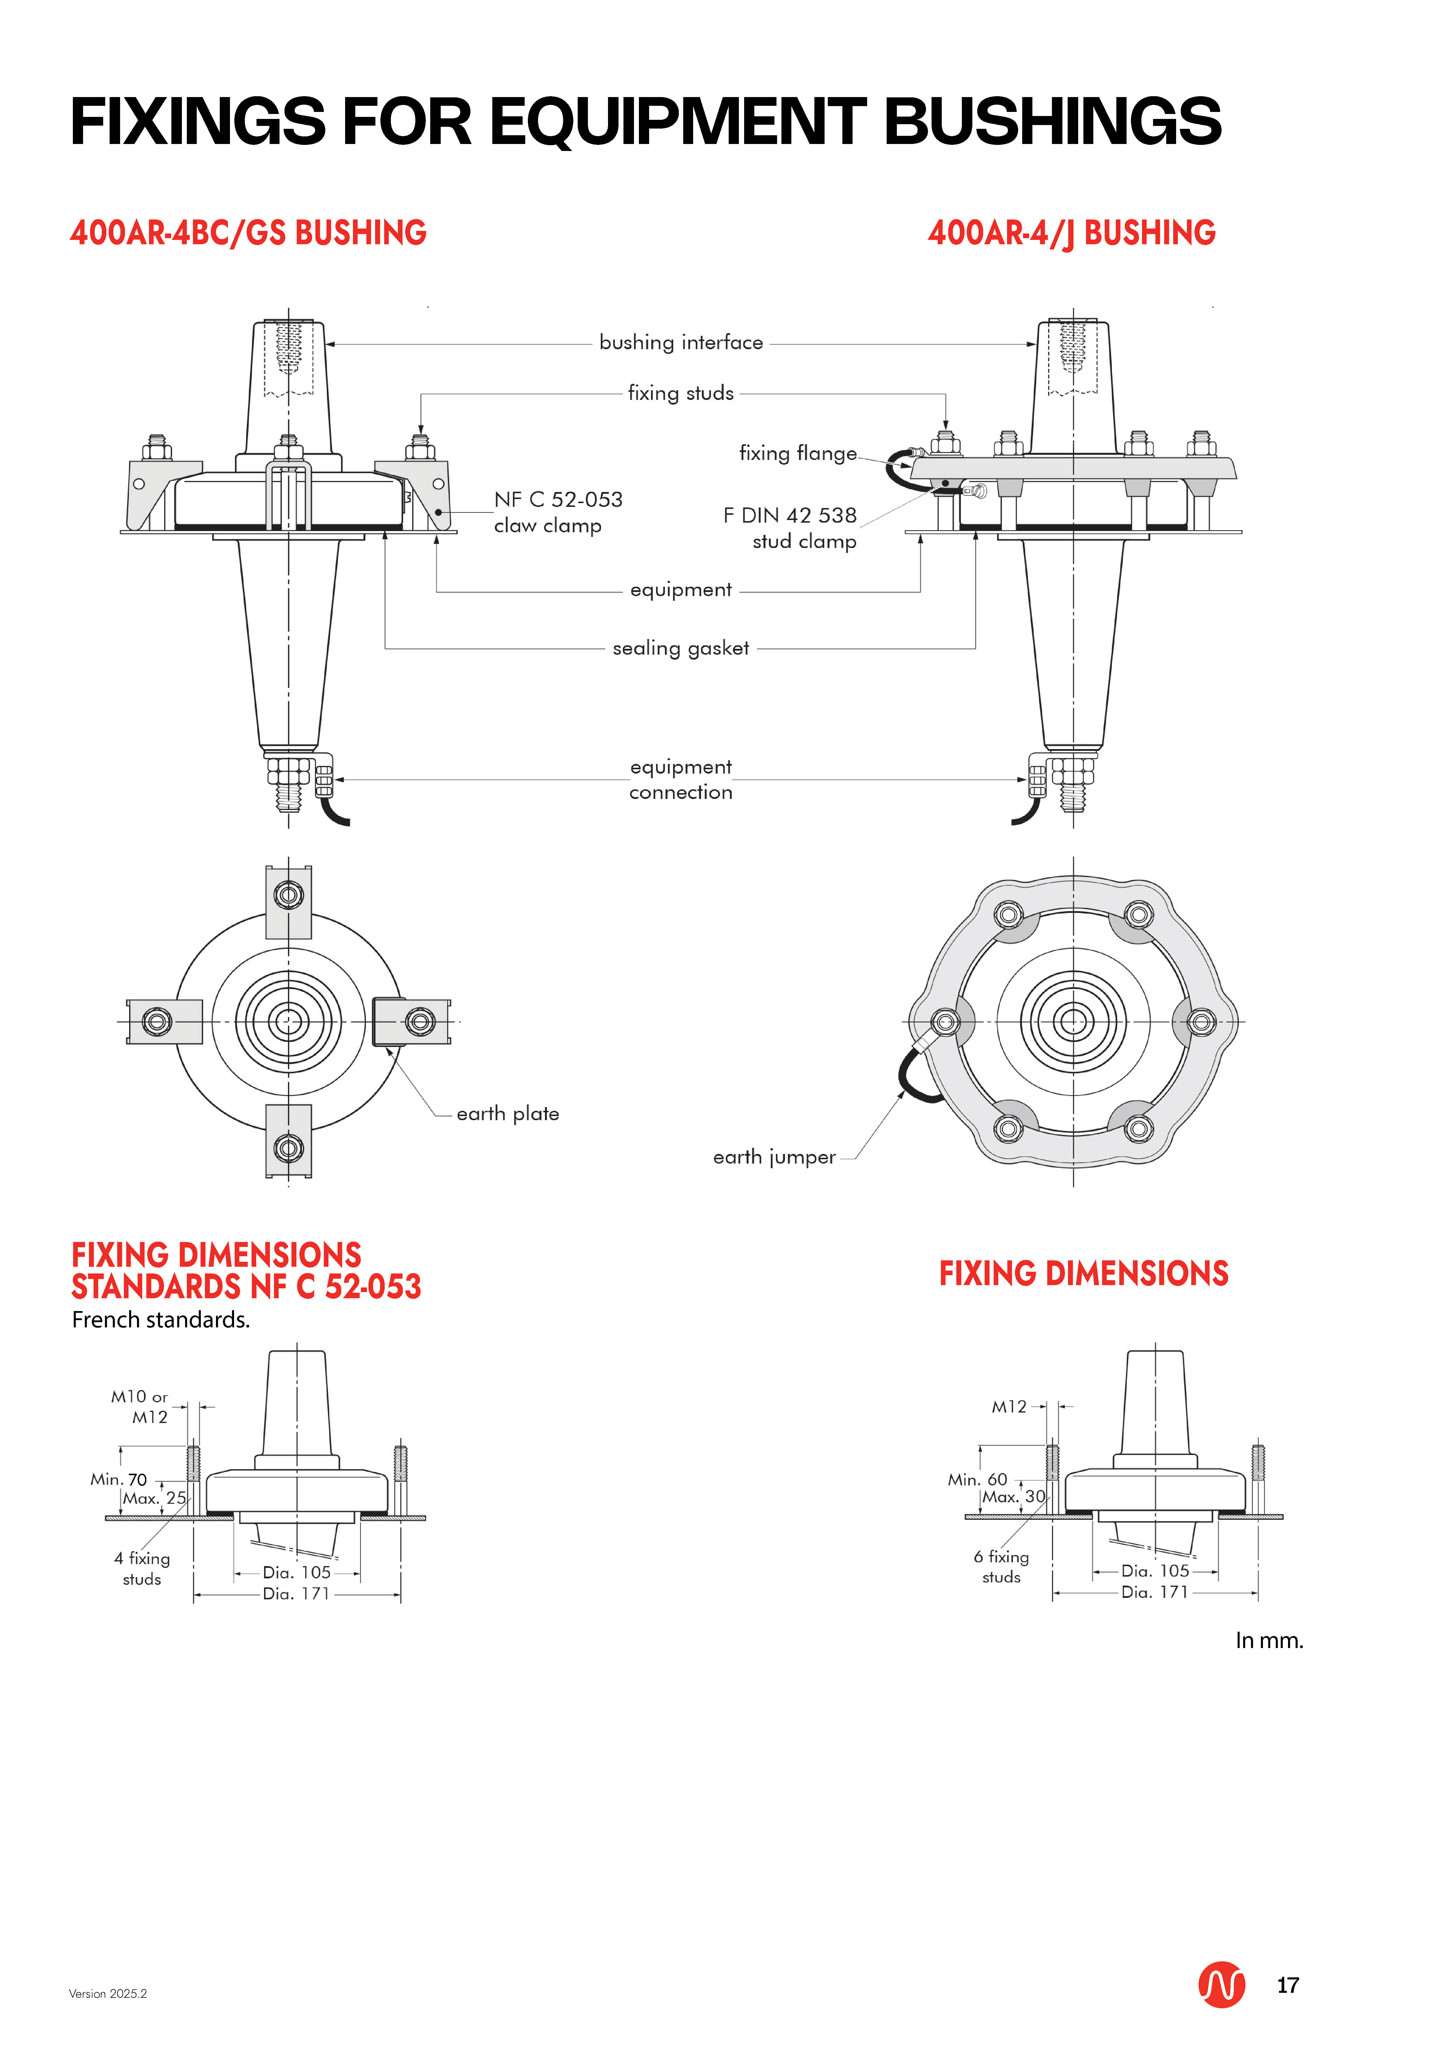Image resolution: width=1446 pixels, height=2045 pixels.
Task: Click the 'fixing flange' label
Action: (x=797, y=453)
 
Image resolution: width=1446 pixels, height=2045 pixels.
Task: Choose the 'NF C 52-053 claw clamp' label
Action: (x=558, y=512)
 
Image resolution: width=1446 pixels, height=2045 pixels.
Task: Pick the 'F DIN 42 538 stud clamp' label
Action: (x=790, y=528)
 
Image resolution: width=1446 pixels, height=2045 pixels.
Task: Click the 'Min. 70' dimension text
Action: (x=119, y=1480)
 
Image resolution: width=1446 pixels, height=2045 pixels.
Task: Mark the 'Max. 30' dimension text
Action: (x=1013, y=1497)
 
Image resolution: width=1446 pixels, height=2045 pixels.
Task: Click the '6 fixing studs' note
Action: (x=1002, y=1567)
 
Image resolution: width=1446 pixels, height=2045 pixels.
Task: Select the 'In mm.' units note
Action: (x=1269, y=1641)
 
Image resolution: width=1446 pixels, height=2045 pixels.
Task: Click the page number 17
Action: (x=1287, y=1985)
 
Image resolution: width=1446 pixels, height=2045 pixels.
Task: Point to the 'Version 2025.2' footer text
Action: (x=108, y=1994)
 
